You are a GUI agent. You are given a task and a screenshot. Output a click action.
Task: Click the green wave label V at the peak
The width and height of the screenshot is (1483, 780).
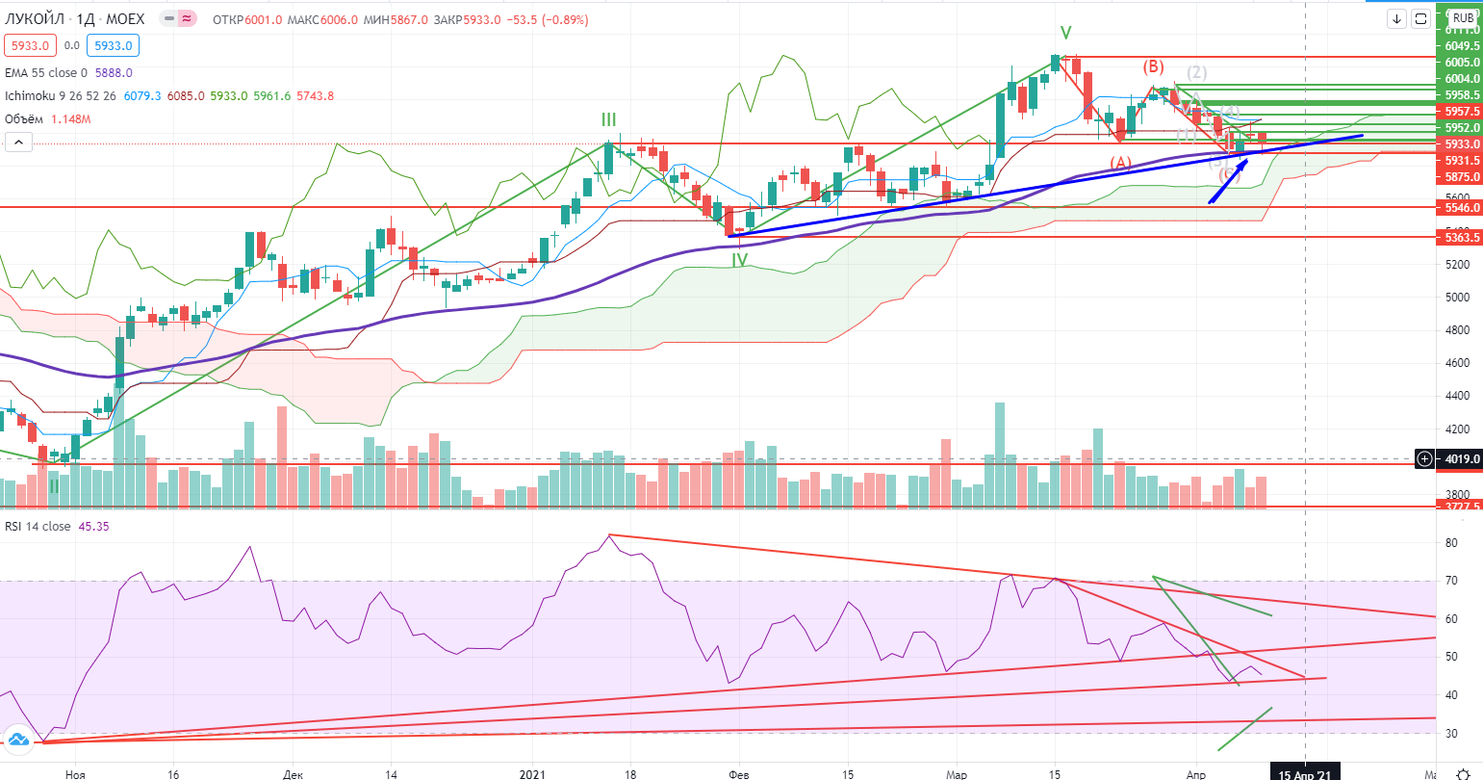click(1065, 32)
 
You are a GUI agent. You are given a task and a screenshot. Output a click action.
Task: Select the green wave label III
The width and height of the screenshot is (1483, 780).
click(609, 119)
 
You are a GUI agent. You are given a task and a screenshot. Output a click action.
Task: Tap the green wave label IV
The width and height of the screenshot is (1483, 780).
click(739, 260)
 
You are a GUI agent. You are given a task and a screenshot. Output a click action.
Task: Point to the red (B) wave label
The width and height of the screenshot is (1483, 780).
click(1153, 66)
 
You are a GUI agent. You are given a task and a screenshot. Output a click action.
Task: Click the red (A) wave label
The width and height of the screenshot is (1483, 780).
click(1121, 163)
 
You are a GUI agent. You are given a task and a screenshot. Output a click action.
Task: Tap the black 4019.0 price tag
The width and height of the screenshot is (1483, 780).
click(1460, 459)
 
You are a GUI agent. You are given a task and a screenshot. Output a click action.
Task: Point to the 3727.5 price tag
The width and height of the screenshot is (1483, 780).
click(1460, 506)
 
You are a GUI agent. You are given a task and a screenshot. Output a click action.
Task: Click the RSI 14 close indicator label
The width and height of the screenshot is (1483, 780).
click(38, 527)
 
